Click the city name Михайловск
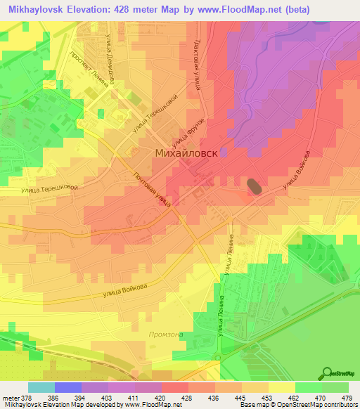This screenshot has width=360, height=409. coord(186,152)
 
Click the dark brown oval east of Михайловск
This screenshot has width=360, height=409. coord(254,186)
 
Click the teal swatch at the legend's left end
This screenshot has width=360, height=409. coord(41,387)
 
